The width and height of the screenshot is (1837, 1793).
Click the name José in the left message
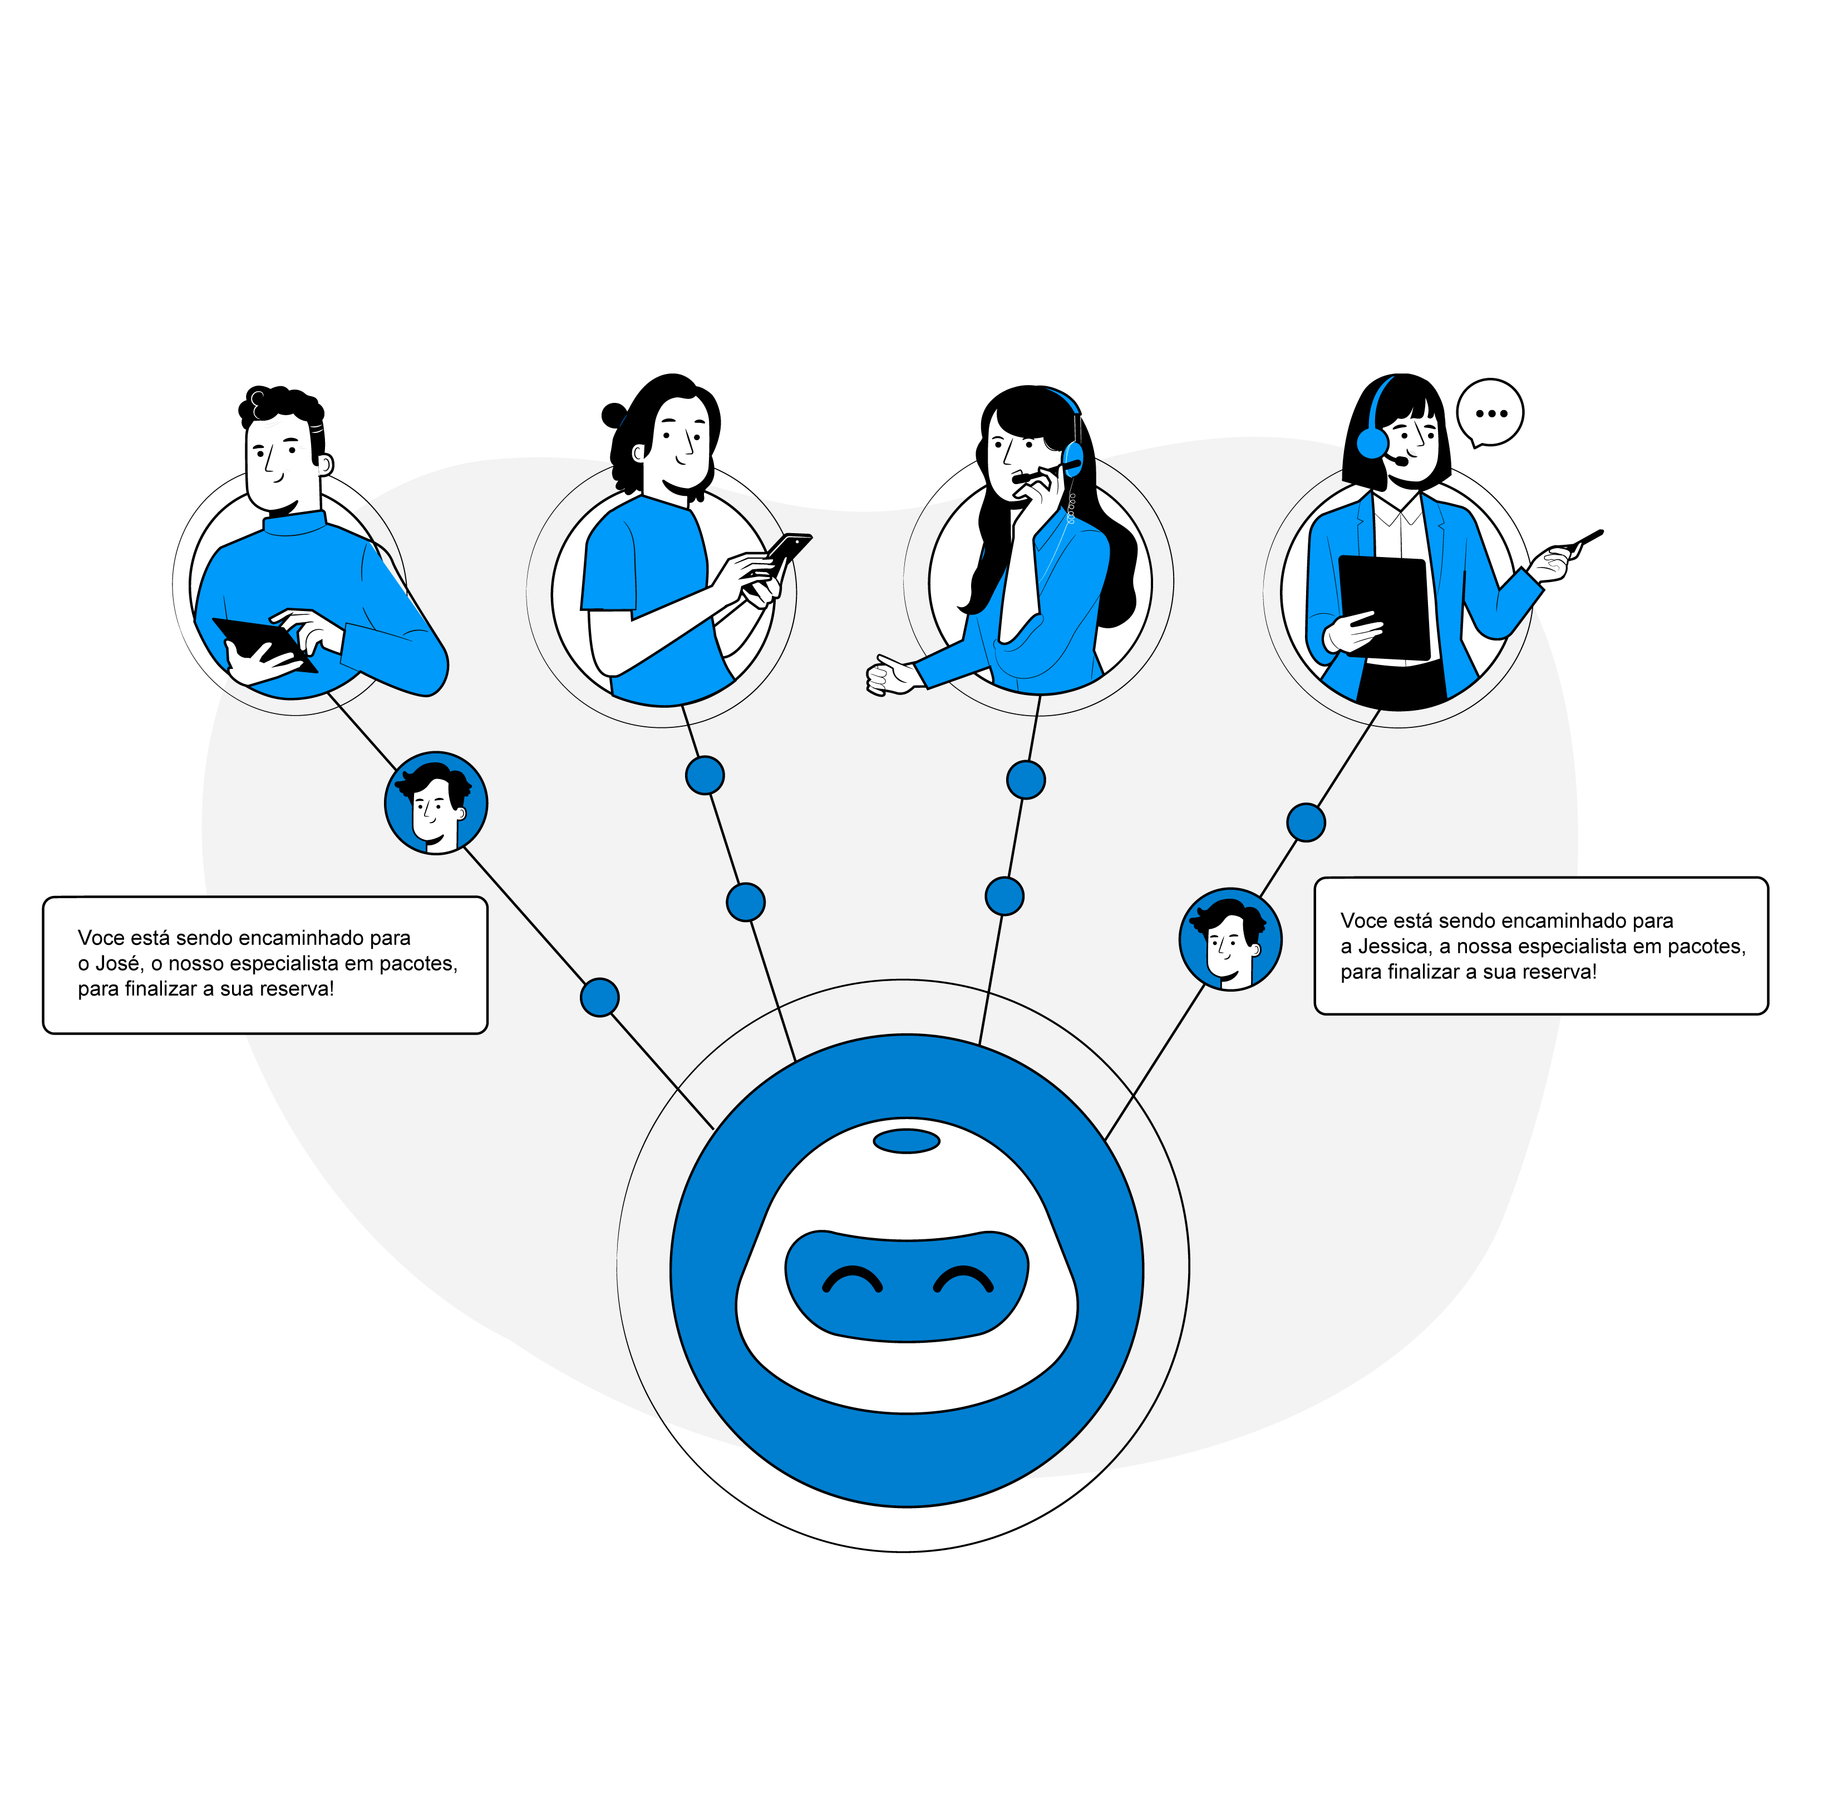[117, 963]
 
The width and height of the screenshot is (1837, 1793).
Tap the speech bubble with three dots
[1490, 412]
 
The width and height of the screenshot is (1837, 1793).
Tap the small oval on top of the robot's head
[906, 1141]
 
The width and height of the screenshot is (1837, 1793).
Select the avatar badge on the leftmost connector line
[436, 803]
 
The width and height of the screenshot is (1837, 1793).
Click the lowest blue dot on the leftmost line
[600, 996]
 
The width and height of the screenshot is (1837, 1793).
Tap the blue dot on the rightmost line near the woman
[1305, 822]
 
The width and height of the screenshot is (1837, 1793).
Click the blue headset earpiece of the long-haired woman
[1072, 457]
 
